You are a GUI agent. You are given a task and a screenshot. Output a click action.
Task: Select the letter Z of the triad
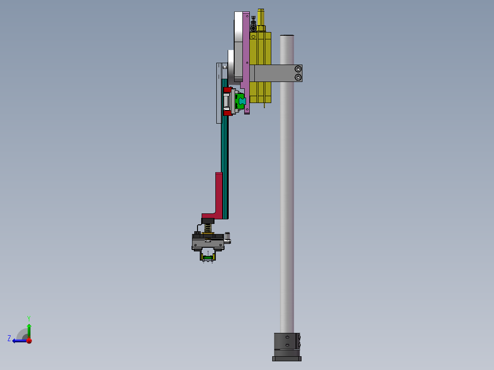(x=9, y=338)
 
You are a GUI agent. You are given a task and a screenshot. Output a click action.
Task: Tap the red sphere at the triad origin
(x=29, y=341)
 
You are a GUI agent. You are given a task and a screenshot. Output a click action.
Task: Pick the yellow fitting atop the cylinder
(x=261, y=18)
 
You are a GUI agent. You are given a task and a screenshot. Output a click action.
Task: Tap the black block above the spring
(x=208, y=221)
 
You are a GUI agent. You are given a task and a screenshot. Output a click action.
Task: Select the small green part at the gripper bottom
(x=208, y=258)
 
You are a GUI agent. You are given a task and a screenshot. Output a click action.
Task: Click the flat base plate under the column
(x=287, y=359)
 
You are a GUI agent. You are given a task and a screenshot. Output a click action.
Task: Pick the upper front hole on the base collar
(x=287, y=337)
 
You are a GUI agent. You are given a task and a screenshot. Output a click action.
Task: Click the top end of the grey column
(x=287, y=37)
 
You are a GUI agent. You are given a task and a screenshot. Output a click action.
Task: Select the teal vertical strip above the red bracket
(x=225, y=147)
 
